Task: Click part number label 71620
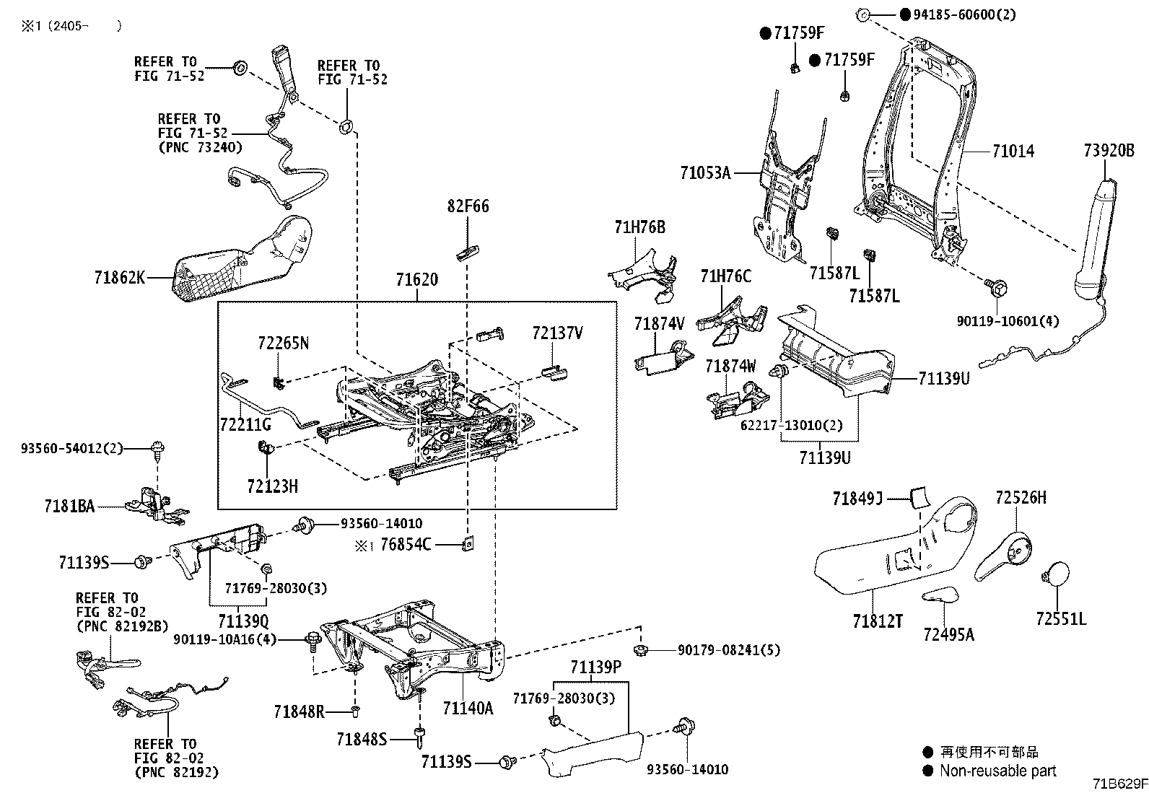point(416,280)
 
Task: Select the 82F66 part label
point(468,207)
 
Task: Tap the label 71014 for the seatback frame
point(1013,152)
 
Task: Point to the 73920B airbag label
point(1109,151)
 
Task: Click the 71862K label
point(119,277)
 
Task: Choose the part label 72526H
point(1021,498)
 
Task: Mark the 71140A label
point(468,708)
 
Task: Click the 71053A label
point(704,173)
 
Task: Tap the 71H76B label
point(639,228)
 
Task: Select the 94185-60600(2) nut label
point(957,14)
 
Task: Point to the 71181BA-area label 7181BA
point(69,507)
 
